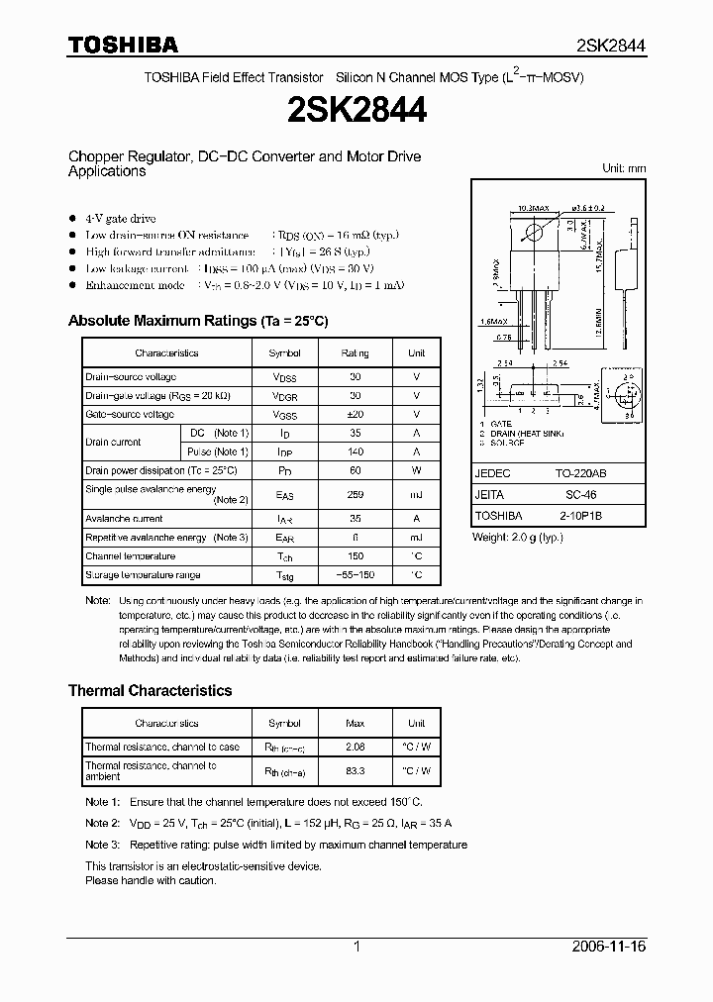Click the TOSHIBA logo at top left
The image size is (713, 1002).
tap(123, 45)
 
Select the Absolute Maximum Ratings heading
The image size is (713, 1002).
tap(197, 321)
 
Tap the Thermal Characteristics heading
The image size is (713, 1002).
tap(150, 690)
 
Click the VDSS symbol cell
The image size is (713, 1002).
tap(284, 377)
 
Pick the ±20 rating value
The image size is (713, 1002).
tap(355, 415)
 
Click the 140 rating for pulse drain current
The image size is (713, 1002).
tap(355, 451)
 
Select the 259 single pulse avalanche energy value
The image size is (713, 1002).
tap(355, 494)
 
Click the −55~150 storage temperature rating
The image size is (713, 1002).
tap(355, 575)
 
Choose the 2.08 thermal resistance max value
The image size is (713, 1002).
tap(355, 747)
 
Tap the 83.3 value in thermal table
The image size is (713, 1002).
tap(355, 769)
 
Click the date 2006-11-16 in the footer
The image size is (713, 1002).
tap(609, 947)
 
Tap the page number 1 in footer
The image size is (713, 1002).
tap(356, 947)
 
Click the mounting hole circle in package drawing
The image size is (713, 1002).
tap(534, 233)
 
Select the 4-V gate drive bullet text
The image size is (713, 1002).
tap(120, 218)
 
